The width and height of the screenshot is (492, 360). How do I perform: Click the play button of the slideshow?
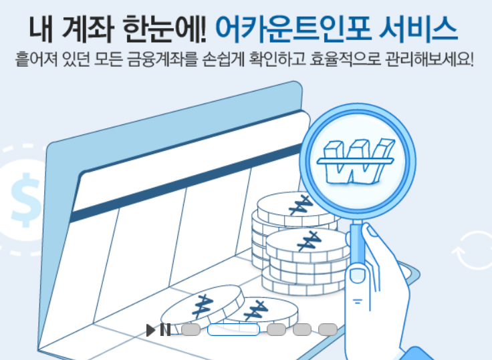click(151, 329)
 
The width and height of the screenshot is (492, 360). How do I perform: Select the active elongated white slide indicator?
click(233, 329)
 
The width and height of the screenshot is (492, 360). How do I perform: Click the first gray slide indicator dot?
click(191, 329)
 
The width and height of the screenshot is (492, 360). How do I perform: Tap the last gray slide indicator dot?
click(328, 329)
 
